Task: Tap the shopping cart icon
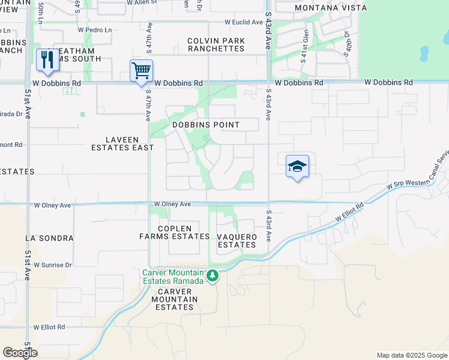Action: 141,71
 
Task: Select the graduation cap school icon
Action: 297,166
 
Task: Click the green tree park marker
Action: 211,275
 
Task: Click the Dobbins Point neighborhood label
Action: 206,125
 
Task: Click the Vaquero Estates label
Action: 237,241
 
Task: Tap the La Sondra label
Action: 49,238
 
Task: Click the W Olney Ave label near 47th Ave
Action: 172,204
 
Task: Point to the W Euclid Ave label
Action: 244,22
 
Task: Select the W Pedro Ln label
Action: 95,29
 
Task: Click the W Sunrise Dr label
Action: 53,265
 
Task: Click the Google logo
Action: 20,353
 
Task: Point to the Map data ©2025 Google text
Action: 411,355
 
